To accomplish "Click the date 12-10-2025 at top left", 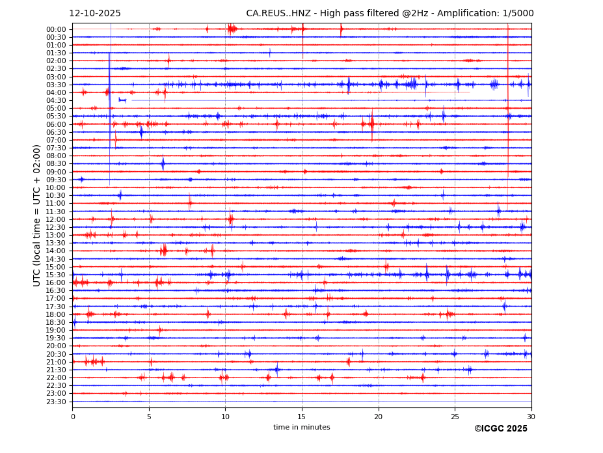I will coord(95,14).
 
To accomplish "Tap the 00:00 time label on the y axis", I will coord(56,29).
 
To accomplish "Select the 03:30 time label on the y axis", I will coord(56,85).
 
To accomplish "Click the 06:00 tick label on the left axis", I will coord(56,124).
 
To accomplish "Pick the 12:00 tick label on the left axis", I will coord(56,219).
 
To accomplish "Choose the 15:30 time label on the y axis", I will coord(56,275).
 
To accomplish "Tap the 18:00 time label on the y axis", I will coord(56,314).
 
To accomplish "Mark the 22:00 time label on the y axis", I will coord(56,377).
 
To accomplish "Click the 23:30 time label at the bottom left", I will coord(56,402).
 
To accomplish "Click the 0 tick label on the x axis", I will coord(73,417).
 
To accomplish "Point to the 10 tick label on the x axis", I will coord(226,417).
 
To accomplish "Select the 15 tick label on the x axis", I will coord(302,417).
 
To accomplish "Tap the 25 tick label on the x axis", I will coord(455,417).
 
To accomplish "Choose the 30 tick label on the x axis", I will coord(531,417).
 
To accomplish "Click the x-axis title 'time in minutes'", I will coord(302,428).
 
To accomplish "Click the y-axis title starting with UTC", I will coord(37,215).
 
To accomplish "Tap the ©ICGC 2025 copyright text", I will coord(500,429).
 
